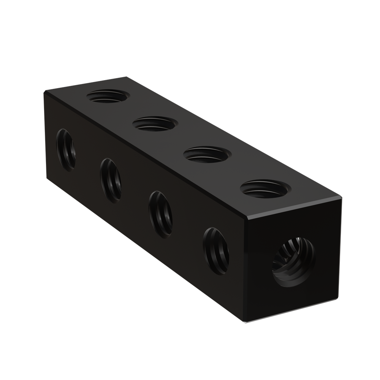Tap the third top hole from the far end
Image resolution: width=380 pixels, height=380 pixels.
click(x=207, y=155)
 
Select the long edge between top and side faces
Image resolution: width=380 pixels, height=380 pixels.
click(x=144, y=154)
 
